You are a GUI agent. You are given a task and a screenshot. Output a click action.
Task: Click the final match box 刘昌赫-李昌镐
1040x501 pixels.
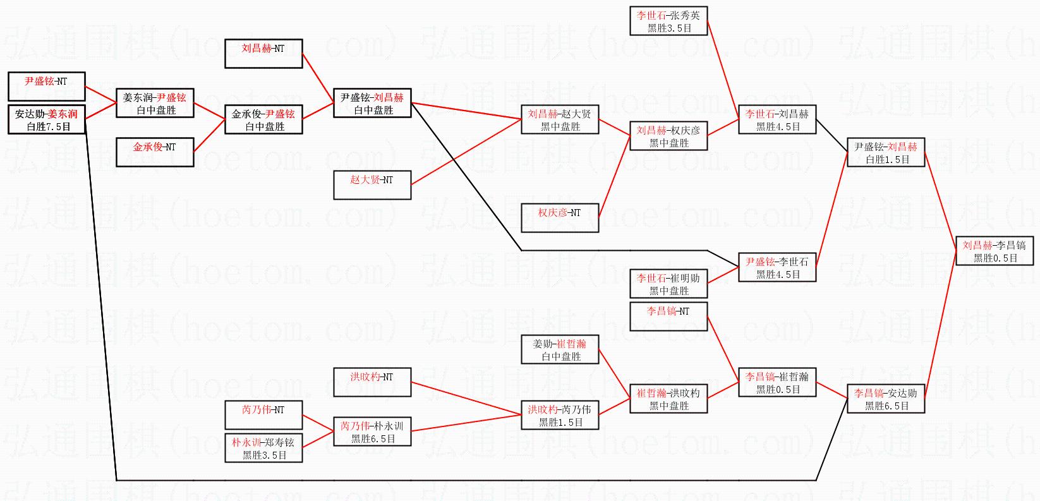[x=995, y=251]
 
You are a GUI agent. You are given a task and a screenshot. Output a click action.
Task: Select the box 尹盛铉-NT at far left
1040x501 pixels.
[x=46, y=86]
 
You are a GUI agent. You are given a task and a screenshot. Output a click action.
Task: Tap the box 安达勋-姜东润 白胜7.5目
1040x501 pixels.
[x=46, y=119]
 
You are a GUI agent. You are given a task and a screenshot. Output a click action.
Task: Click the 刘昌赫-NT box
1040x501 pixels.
[x=263, y=53]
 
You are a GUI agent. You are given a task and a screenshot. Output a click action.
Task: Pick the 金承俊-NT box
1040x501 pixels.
[x=155, y=152]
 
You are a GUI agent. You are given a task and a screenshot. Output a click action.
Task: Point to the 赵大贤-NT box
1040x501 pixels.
[x=372, y=184]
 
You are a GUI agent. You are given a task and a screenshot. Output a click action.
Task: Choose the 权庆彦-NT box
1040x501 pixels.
[x=560, y=217]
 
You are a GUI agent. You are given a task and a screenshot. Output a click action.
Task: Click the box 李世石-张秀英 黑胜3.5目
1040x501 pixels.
[x=668, y=21]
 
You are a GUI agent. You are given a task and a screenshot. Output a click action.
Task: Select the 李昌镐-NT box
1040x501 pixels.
[x=668, y=316]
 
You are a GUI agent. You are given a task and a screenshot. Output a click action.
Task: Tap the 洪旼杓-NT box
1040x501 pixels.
[x=372, y=382]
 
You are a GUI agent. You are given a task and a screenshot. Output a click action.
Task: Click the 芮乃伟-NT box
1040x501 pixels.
[x=263, y=414]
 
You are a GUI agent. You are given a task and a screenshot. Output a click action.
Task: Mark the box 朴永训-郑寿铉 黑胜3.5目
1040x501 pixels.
[x=263, y=448]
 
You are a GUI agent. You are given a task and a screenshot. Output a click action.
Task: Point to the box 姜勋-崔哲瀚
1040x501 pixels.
[x=560, y=349]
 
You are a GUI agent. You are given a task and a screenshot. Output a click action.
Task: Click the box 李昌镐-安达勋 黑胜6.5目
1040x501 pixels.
[x=886, y=399]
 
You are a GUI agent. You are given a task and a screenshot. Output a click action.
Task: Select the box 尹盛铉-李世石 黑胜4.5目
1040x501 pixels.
[x=777, y=267]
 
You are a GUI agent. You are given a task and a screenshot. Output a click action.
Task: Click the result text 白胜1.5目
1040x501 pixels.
[x=886, y=160]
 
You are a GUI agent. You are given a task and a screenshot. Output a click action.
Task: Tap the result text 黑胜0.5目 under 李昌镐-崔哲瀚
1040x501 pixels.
[x=777, y=390]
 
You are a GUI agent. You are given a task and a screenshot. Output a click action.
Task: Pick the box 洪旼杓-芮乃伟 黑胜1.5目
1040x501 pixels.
[x=560, y=415]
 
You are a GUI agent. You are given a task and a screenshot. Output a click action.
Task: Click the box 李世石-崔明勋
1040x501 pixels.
[x=668, y=284]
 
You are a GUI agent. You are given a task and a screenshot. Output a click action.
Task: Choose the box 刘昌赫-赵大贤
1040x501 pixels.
[x=560, y=119]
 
